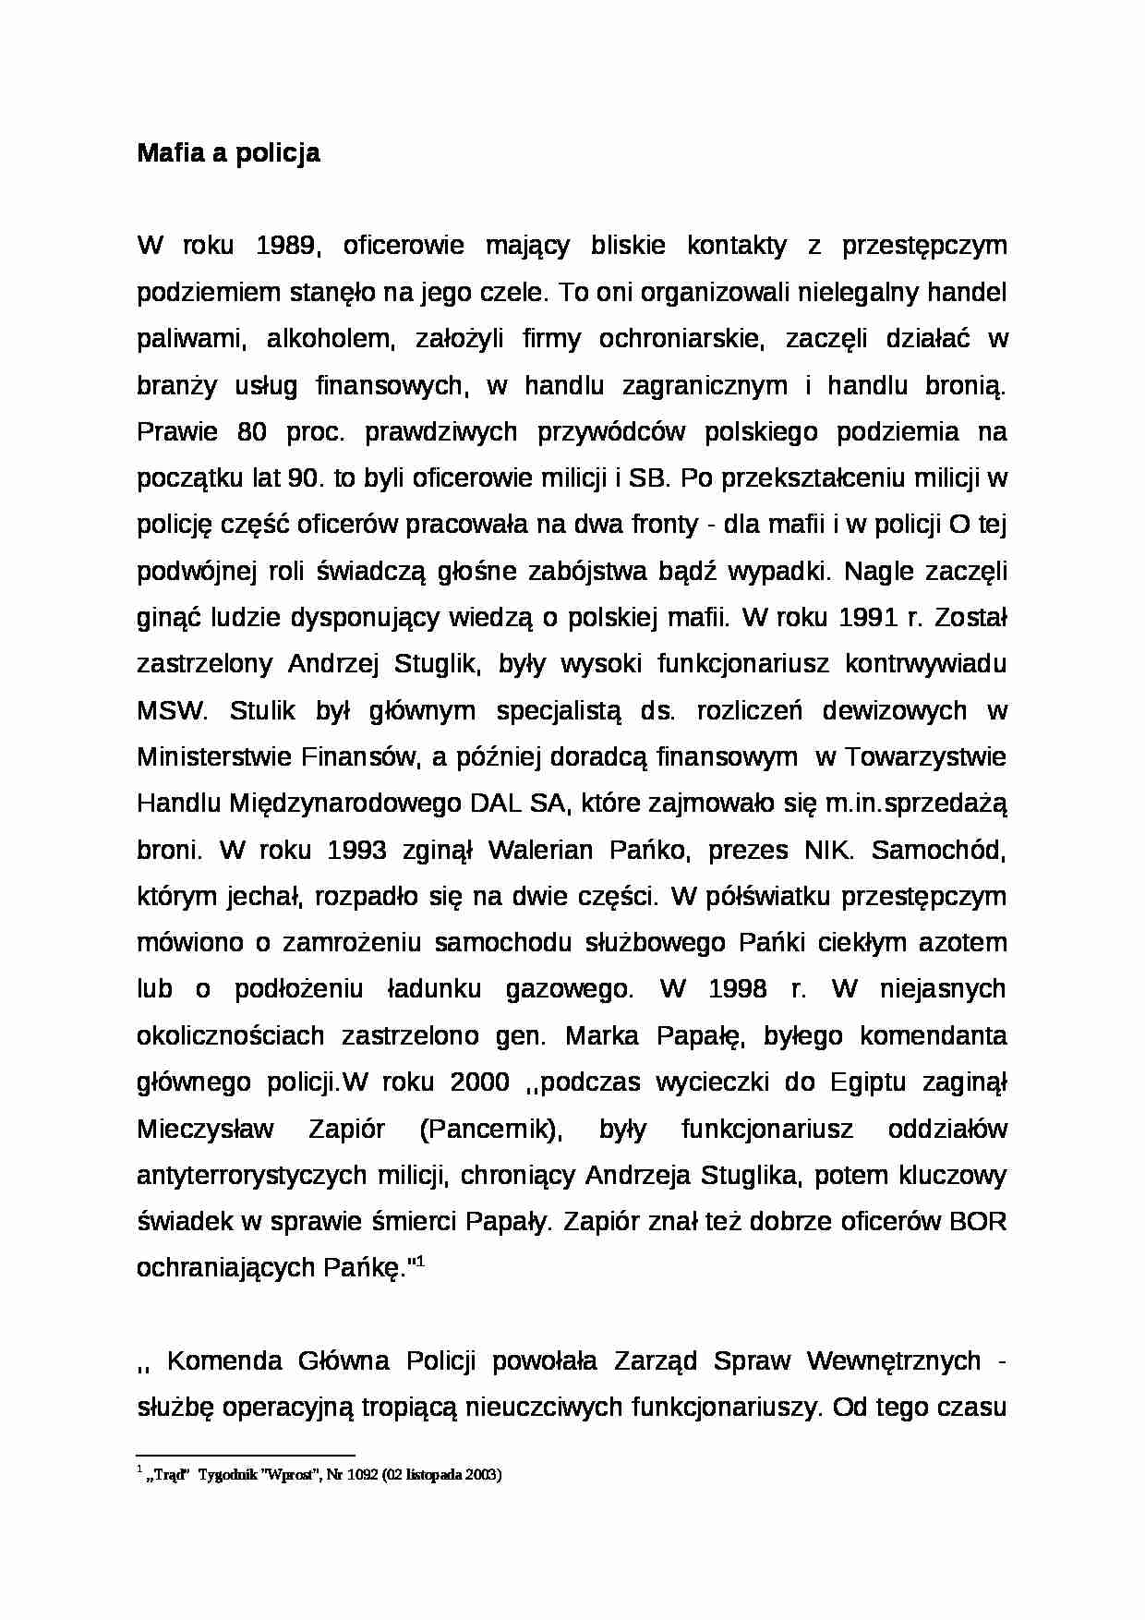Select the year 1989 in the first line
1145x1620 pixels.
287,246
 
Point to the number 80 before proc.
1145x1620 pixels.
252,432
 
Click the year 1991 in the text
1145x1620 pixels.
867,618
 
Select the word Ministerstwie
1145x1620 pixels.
214,757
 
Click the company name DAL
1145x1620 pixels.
496,804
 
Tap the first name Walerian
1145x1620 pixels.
540,851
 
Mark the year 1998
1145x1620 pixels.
737,989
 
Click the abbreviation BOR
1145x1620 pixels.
978,1222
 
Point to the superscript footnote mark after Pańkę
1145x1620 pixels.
420,1261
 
